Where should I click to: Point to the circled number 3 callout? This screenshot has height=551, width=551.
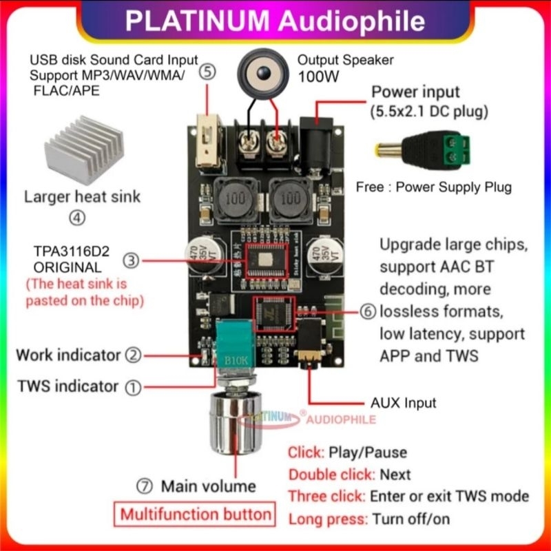click(132, 260)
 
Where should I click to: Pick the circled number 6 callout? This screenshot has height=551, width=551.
click(368, 311)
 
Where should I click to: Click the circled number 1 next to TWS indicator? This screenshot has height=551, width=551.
click(132, 387)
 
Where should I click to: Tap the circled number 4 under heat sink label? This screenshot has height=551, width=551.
click(77, 218)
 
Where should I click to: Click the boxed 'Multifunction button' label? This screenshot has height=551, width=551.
click(196, 514)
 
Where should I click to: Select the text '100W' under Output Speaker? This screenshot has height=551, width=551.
click(318, 77)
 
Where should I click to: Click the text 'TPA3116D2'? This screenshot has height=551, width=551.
click(67, 250)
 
